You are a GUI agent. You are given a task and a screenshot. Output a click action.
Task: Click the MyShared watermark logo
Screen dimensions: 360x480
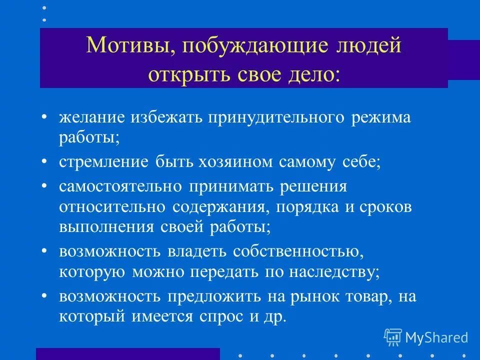click(425, 337)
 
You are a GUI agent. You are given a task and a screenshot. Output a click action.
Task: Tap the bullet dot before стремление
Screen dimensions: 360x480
click(44, 161)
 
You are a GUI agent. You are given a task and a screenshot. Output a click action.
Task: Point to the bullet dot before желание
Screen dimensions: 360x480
click(44, 118)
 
